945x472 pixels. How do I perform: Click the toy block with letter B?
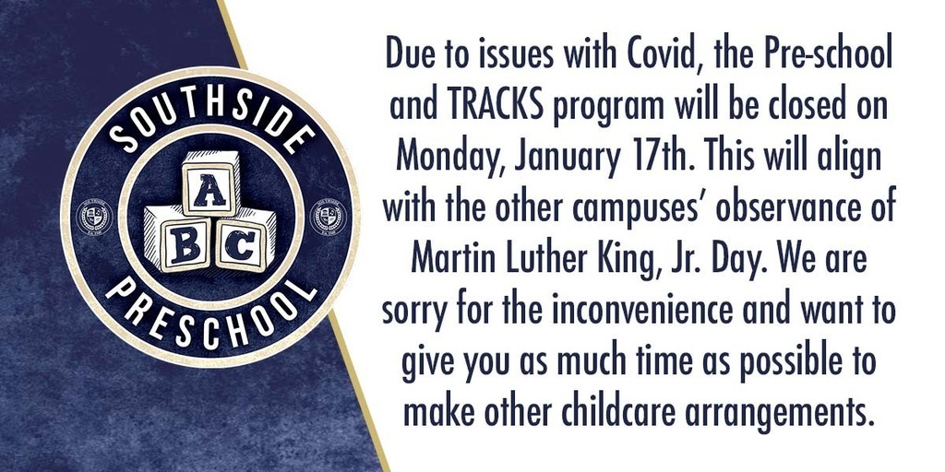[x=178, y=239]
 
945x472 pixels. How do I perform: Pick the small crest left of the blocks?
[x=94, y=217]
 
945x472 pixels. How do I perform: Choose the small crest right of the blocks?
[x=328, y=217]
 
